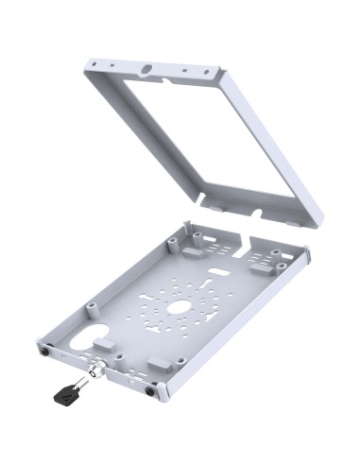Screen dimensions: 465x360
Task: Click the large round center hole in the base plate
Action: tap(180, 308)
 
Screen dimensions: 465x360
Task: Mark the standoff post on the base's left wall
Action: tap(92, 307)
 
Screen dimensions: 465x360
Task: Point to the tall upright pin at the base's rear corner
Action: tap(188, 227)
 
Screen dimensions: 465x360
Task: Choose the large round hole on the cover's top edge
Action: tap(146, 69)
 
